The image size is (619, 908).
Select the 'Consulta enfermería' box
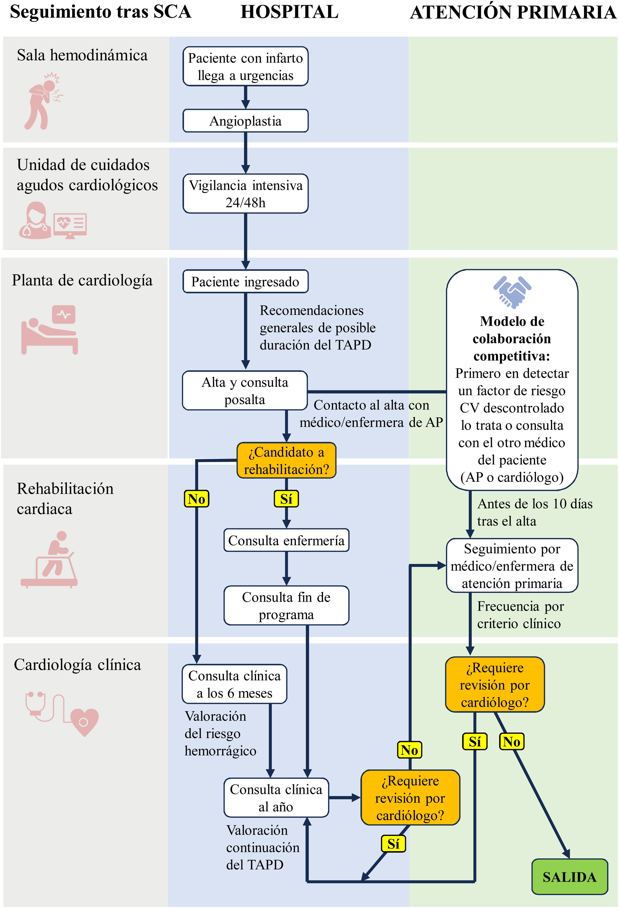click(286, 540)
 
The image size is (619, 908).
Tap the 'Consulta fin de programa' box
click(286, 606)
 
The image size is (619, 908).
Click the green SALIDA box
click(569, 877)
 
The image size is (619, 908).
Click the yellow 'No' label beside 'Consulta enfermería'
click(196, 499)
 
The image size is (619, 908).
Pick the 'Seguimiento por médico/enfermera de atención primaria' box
click(512, 566)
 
